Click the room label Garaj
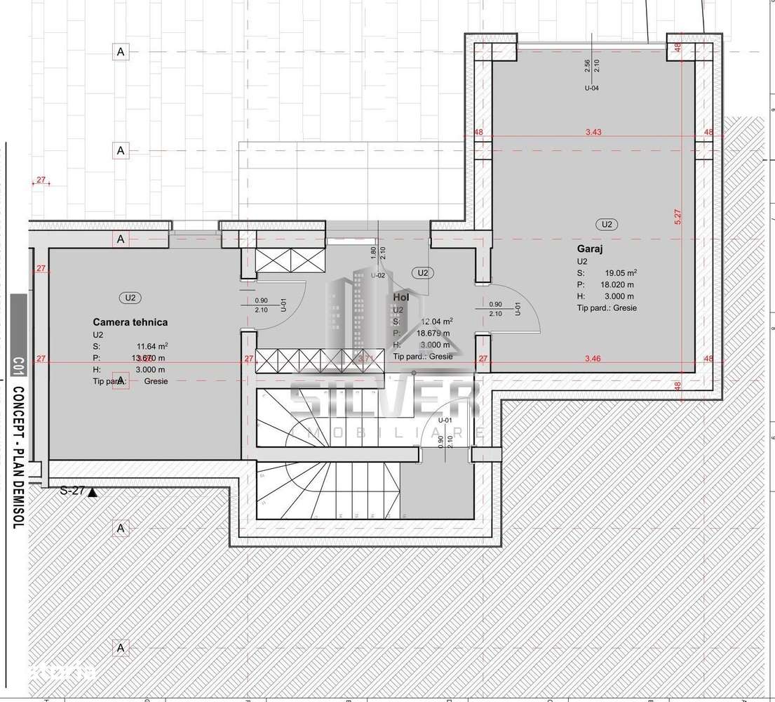tap(590, 249)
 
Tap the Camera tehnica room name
tap(130, 322)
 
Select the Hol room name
tap(401, 298)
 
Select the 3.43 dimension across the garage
tap(594, 132)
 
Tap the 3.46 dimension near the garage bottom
tap(593, 359)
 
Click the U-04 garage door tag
tap(591, 88)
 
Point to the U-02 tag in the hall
tap(379, 276)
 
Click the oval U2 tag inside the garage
tap(607, 225)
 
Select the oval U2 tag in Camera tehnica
tap(130, 298)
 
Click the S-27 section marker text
tap(72, 491)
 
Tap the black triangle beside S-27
tap(92, 492)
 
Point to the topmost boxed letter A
tap(121, 52)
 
